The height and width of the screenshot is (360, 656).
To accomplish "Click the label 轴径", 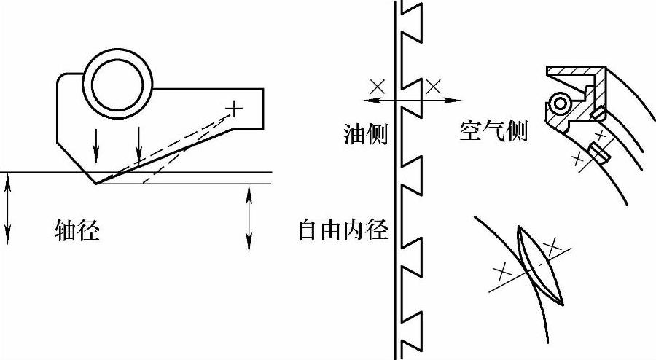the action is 77,231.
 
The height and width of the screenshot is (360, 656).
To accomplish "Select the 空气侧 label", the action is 493,130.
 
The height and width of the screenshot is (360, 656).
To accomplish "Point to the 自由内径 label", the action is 343,231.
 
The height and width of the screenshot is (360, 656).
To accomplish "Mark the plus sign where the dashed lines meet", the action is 233,109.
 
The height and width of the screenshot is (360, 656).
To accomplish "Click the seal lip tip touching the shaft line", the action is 96,182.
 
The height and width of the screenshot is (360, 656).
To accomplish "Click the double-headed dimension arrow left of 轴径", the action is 7,208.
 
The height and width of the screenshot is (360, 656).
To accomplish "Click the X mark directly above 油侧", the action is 377,86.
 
